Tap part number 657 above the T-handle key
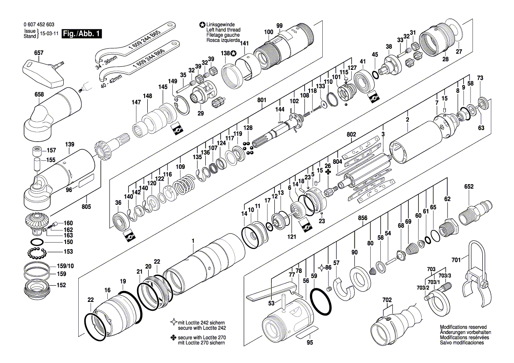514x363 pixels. click(39, 53)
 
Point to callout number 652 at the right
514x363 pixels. click(469, 187)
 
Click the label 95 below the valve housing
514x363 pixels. click(310, 343)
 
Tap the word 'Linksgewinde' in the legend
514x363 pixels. click(221, 25)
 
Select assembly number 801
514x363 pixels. click(262, 100)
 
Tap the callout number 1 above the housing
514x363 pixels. click(193, 240)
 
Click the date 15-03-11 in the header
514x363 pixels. click(50, 33)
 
